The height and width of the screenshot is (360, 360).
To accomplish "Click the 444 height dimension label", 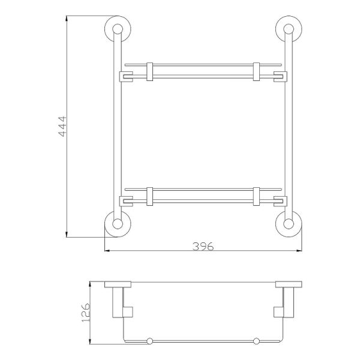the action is [x=62, y=127].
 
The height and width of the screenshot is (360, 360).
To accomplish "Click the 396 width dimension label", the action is [x=203, y=247].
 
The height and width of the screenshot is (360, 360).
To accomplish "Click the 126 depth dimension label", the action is [x=86, y=313].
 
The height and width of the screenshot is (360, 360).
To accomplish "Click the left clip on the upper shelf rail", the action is [x=149, y=71].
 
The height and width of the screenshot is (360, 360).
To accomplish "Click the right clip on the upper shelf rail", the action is [x=256, y=71].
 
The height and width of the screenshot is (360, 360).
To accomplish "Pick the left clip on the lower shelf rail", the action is [x=149, y=196].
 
